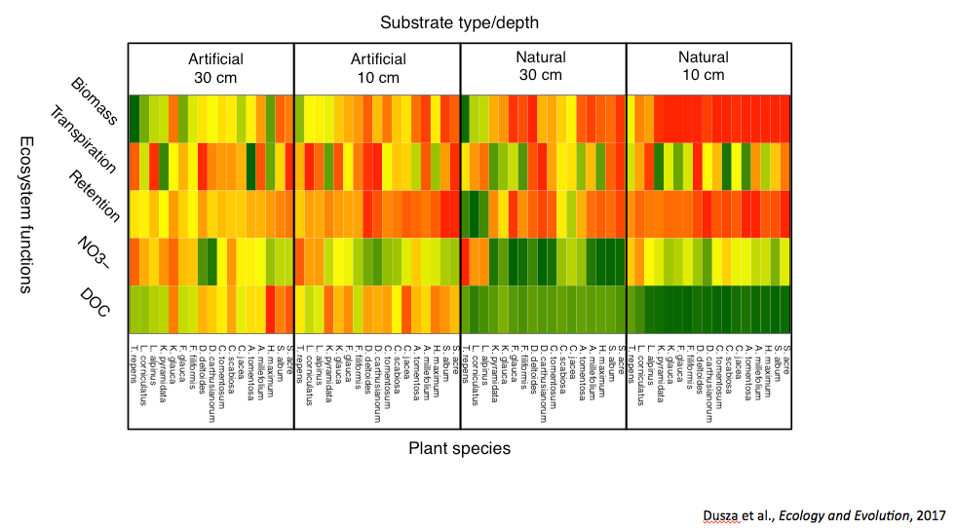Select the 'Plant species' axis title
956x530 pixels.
point(459,448)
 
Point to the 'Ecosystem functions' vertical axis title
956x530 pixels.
point(28,214)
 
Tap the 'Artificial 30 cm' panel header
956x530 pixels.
point(211,67)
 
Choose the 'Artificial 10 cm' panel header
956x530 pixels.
point(376,67)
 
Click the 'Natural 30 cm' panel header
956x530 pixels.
point(542,66)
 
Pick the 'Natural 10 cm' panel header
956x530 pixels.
point(707,66)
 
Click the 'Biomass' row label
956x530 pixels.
point(95,100)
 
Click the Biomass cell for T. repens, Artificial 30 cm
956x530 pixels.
point(134,118)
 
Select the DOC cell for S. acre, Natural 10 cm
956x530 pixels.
point(784,309)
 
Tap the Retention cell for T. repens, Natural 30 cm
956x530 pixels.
point(466,213)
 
